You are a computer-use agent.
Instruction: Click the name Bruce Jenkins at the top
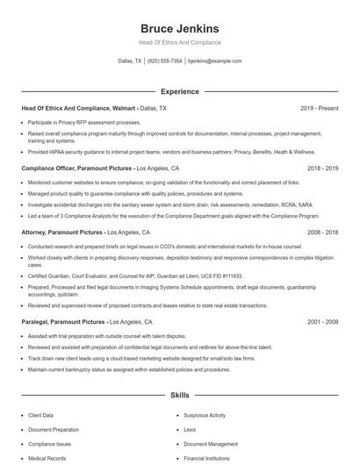click(x=179, y=28)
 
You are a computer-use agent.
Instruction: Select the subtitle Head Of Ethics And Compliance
click(x=179, y=42)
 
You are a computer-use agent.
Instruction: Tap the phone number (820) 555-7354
click(x=164, y=61)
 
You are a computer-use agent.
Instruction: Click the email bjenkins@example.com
click(x=215, y=61)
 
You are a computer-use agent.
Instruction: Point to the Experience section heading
click(x=179, y=91)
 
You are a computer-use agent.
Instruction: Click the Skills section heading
click(x=179, y=396)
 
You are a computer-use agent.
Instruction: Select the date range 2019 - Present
click(x=320, y=108)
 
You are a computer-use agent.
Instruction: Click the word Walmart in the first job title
click(x=126, y=108)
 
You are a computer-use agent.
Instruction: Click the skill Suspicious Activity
click(x=205, y=414)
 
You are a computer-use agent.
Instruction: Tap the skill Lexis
click(x=190, y=430)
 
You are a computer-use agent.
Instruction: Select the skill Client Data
click(x=41, y=414)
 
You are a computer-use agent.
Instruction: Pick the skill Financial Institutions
click(x=206, y=459)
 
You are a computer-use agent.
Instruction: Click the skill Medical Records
click(x=46, y=459)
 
